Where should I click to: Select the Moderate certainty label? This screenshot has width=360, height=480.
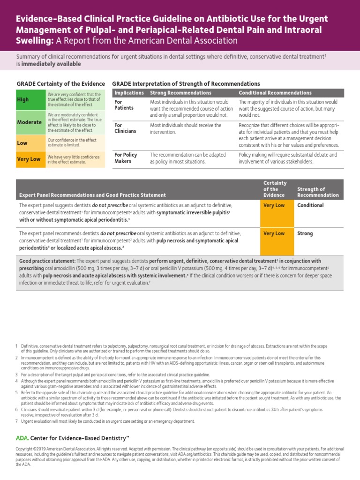(30, 122)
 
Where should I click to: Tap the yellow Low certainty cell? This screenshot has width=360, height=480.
(22, 143)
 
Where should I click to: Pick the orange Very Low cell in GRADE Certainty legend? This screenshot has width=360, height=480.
(29, 159)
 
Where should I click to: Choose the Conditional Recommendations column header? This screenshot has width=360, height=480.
(275, 93)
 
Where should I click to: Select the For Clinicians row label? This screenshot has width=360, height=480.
(125, 128)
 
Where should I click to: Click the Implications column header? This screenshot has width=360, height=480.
(129, 93)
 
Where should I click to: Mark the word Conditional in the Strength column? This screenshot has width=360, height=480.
(310, 205)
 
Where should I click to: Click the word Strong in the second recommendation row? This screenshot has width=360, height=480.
(305, 233)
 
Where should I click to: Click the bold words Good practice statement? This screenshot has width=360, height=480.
(47, 261)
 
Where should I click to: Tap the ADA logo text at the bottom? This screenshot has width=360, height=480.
(22, 438)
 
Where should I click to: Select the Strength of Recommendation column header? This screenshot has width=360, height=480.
(318, 192)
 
